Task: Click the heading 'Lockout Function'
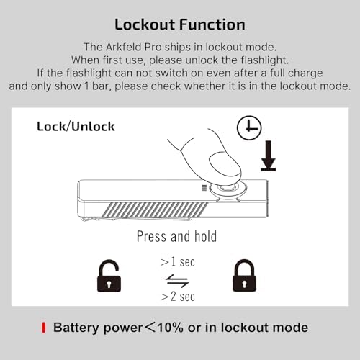pyautogui.click(x=180, y=24)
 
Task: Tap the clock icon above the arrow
pyautogui.click(x=249, y=127)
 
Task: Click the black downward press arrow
pyautogui.click(x=269, y=156)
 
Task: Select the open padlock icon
pyautogui.click(x=109, y=276)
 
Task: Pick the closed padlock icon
pyautogui.click(x=244, y=276)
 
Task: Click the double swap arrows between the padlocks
pyautogui.click(x=177, y=281)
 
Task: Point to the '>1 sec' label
pyautogui.click(x=178, y=262)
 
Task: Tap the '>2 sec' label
pyautogui.click(x=178, y=297)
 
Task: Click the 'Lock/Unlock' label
pyautogui.click(x=76, y=127)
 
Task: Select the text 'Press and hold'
pyautogui.click(x=176, y=236)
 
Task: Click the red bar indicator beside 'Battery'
pyautogui.click(x=43, y=328)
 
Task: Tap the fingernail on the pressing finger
pyautogui.click(x=225, y=166)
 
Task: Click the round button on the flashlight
pyautogui.click(x=228, y=188)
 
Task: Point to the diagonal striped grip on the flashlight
pyautogui.click(x=155, y=210)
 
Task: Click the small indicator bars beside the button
pyautogui.click(x=204, y=188)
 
